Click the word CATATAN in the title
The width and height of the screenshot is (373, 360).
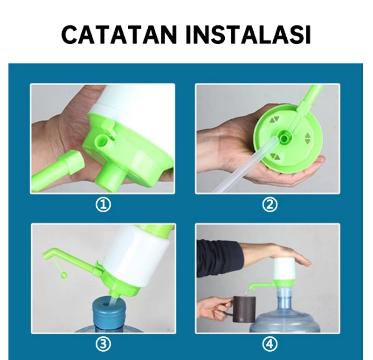tap(119, 34)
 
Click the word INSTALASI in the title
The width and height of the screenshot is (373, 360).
tap(248, 34)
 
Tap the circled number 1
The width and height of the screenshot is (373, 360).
tap(103, 205)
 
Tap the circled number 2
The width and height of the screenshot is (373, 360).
tap(270, 205)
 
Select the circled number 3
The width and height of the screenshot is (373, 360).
tap(103, 344)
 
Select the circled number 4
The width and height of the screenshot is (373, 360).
tap(270, 344)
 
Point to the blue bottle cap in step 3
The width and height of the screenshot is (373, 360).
tap(109, 311)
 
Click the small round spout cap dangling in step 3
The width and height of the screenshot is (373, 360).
tap(64, 275)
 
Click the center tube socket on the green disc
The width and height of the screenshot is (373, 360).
tap(284, 138)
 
